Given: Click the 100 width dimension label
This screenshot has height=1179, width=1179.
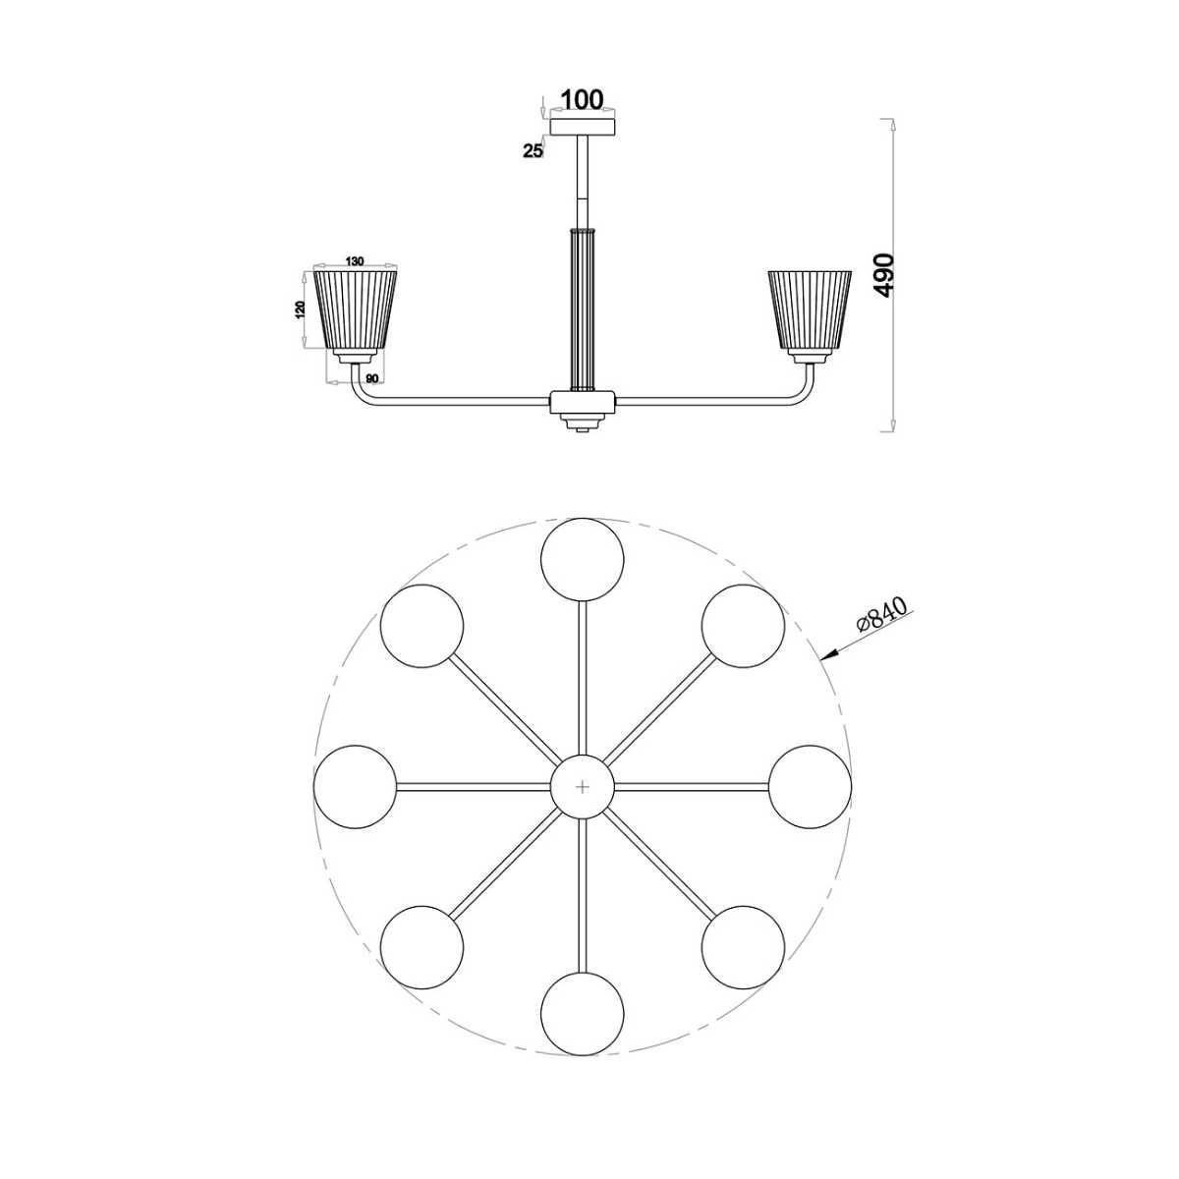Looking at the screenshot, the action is tap(582, 98).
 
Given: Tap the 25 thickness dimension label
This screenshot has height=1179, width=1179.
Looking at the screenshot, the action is tap(533, 150).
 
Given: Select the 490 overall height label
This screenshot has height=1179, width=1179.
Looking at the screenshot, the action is tap(884, 275).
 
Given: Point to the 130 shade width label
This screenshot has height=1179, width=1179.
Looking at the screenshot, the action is tap(355, 261).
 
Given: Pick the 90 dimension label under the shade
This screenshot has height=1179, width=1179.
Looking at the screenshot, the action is tap(371, 378).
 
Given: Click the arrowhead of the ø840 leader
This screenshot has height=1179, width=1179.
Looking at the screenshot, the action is tap(826, 656).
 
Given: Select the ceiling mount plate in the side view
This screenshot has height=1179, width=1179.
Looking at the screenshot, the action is tap(582, 128).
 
